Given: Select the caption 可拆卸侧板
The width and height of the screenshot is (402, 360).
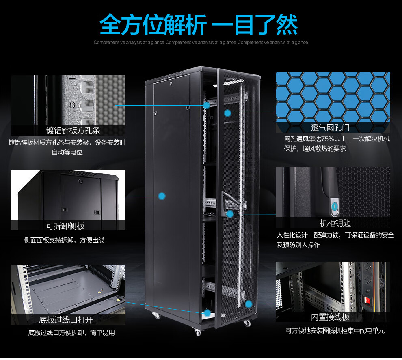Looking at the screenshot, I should click(x=68, y=226).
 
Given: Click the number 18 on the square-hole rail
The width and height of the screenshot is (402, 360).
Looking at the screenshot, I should click(x=72, y=105).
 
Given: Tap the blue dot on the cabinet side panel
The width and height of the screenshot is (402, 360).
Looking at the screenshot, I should click(x=162, y=196).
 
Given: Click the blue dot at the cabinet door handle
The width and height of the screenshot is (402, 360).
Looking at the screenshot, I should click(x=230, y=213).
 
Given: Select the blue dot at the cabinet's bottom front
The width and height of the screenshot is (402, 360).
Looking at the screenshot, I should click(x=207, y=313).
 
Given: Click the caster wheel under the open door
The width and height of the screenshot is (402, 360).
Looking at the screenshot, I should click(x=247, y=323).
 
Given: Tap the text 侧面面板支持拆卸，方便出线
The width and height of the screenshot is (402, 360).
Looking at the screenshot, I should click(x=64, y=240).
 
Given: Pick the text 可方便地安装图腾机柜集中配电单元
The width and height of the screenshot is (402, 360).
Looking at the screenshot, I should click(x=335, y=331).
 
